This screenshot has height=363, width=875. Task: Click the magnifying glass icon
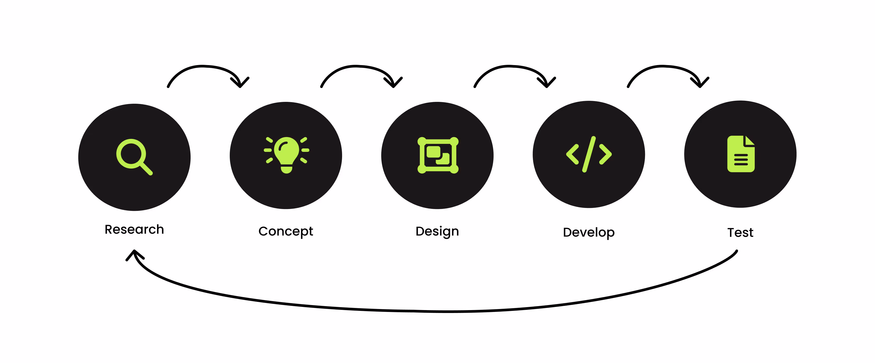(x=134, y=156)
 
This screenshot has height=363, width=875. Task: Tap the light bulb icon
(x=286, y=155)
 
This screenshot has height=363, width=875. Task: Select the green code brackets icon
(x=589, y=154)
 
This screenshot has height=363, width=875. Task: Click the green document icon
(x=740, y=154)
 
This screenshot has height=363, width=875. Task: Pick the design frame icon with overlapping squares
(x=438, y=155)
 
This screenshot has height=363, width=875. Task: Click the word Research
(x=134, y=229)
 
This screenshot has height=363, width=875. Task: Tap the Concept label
(x=286, y=232)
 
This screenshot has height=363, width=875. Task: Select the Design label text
(x=437, y=232)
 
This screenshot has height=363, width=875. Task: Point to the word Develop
(x=589, y=233)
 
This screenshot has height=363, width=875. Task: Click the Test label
(x=740, y=233)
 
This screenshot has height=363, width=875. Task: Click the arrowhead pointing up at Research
(x=135, y=253)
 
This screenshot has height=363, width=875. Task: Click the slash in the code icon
(x=589, y=154)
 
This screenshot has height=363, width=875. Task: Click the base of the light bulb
(x=287, y=169)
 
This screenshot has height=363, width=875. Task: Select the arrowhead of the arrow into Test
(x=700, y=83)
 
